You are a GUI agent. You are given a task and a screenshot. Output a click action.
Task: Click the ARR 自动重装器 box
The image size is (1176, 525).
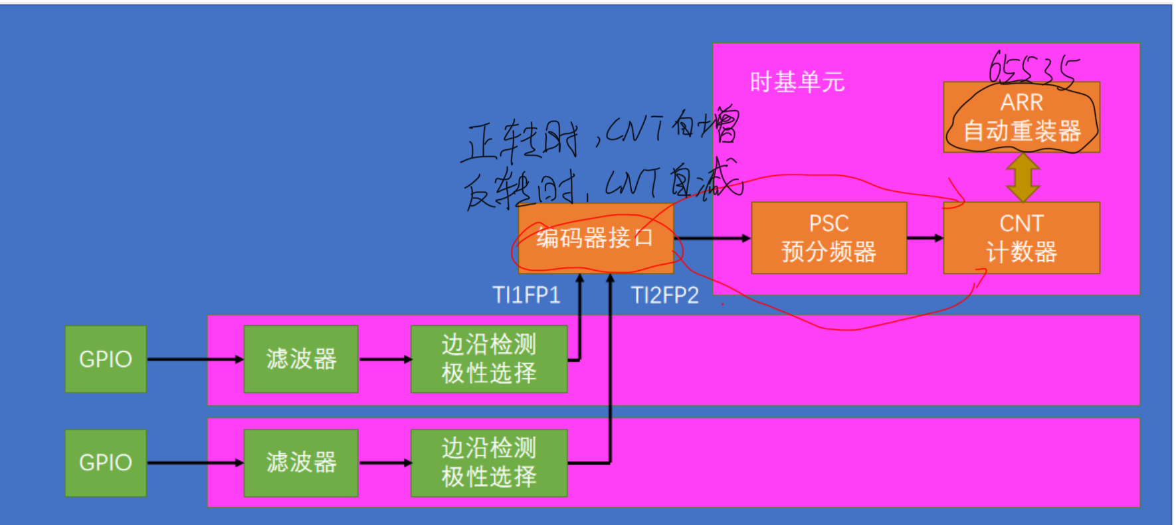pos(1021,117)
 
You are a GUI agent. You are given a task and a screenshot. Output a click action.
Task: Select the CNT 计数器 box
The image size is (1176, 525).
pos(1021,238)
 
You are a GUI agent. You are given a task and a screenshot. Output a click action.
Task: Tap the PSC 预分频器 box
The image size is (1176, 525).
pos(829,238)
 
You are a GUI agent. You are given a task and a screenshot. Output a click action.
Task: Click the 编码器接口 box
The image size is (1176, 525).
pos(595,238)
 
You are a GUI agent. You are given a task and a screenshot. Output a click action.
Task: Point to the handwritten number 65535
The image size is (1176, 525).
pos(1032,69)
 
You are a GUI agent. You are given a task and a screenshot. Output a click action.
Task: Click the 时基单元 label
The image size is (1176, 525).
pos(797,82)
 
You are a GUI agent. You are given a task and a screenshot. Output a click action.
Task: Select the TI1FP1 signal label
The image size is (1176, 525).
pos(526,295)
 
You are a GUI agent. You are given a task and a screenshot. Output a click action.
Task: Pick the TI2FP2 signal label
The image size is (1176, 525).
pos(664,295)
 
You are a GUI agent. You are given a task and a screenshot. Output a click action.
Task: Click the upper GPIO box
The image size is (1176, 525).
pos(106,359)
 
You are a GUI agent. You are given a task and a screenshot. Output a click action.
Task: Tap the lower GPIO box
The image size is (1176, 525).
pos(106,463)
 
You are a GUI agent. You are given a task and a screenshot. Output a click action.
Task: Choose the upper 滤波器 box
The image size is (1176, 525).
pos(301,359)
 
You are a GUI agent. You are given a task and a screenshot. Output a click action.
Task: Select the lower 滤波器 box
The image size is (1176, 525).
pos(301,463)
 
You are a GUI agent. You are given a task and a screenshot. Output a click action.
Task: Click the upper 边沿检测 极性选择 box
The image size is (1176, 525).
pos(489,359)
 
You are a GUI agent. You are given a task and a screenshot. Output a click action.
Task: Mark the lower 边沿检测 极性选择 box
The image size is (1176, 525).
pos(489,463)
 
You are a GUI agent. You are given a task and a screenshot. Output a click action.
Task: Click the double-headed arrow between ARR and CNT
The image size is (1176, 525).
pos(1023,177)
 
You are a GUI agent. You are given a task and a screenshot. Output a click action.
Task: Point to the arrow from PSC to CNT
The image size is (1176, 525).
pos(925,238)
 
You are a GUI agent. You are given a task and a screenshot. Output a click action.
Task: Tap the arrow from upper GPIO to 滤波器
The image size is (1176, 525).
pos(195,359)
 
